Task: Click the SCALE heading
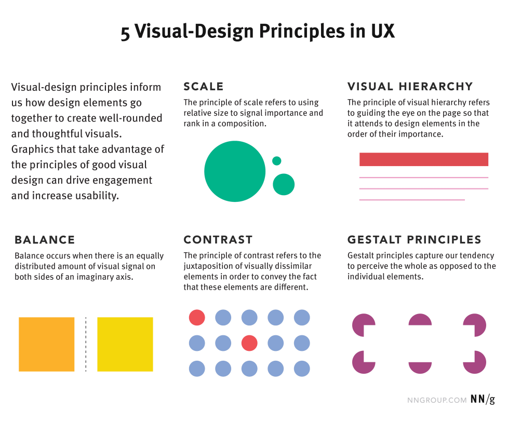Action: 203,86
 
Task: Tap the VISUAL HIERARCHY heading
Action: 410,86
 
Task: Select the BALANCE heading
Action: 45,240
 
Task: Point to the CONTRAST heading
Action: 218,239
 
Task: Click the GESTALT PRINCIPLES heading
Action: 415,239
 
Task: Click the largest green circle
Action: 235,171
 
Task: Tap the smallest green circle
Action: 276,161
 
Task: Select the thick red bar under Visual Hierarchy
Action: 424,159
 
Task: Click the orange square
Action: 47,344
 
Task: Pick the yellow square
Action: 125,344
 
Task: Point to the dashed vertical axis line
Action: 86,344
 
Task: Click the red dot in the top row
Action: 197,318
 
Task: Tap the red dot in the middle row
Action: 249,343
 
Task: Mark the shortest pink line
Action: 412,200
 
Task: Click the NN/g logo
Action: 483,399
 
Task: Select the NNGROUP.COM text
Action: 437,400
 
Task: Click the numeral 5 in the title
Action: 125,33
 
